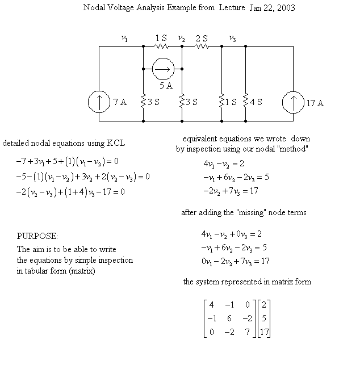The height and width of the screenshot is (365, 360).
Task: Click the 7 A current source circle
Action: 99,102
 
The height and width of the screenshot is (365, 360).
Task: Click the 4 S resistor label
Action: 256,103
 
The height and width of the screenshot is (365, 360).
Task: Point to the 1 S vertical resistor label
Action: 231,103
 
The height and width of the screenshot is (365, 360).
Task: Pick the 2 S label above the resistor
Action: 202,39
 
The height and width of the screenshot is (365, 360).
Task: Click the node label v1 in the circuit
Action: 124,39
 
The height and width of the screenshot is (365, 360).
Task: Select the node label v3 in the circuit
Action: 232,39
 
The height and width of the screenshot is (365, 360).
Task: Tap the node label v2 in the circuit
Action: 181,39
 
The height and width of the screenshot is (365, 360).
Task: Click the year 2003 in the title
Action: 286,8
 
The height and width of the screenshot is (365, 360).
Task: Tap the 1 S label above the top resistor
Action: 161,39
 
